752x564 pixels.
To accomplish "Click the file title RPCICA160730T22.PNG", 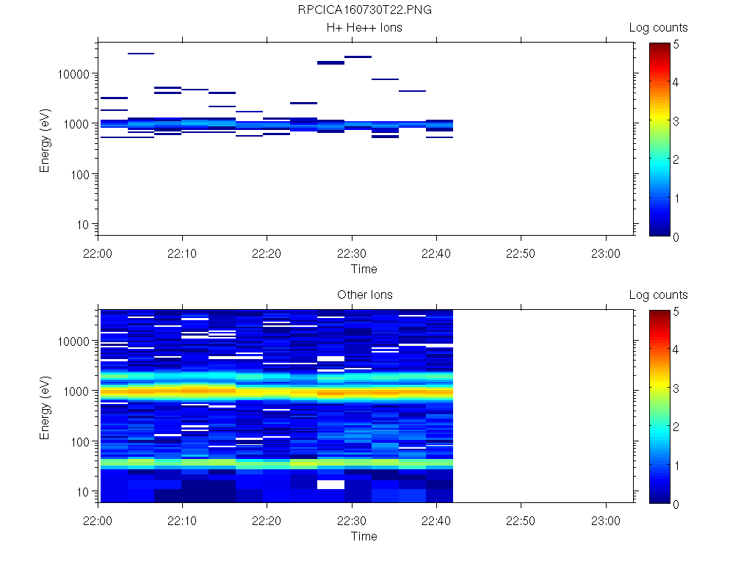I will coord(364,10).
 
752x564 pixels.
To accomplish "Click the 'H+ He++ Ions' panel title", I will coord(364,28).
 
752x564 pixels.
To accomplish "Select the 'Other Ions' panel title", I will coord(364,295).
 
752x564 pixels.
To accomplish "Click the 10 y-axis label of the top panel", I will coord(83,224).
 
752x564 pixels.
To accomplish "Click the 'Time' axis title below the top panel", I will coord(364,269).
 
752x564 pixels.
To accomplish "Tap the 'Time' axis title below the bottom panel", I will coord(364,536).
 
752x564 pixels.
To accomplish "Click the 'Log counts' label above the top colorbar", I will coord(658,28).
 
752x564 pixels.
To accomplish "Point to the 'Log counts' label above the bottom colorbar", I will coord(658,295).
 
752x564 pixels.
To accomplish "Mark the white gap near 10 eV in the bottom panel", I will coord(330,485).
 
